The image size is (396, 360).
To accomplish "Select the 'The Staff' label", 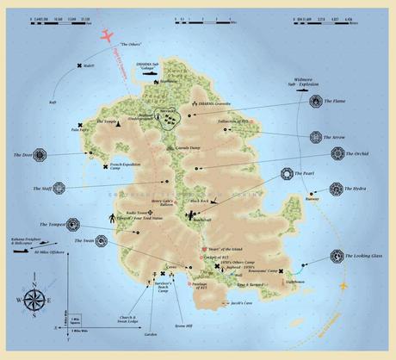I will pos(42,187).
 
